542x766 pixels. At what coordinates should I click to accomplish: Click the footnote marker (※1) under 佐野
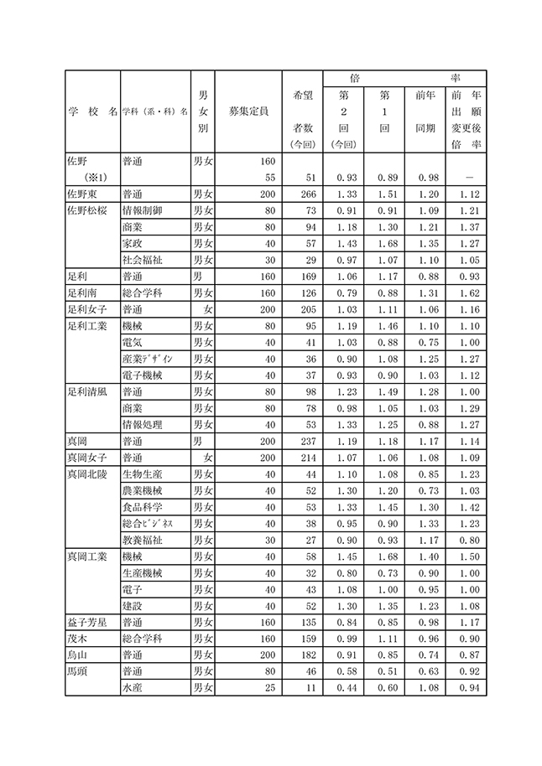[x=98, y=178]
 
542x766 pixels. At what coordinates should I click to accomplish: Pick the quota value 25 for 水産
[x=269, y=688]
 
